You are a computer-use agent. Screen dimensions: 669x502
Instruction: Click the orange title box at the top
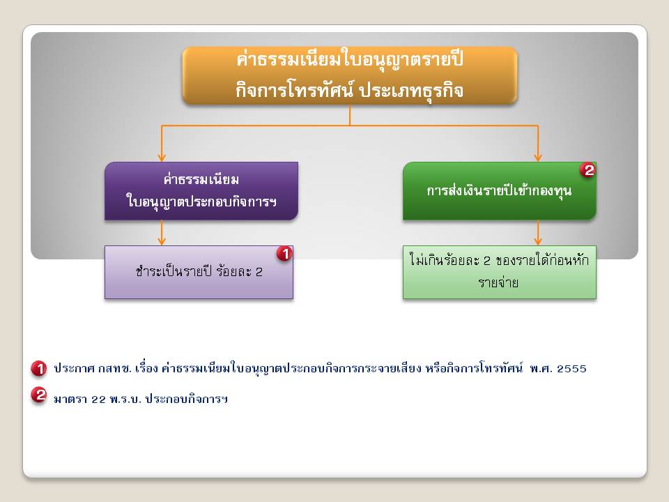tap(350, 75)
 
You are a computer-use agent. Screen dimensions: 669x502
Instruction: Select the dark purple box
tap(201, 191)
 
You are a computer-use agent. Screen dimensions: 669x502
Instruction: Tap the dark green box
tap(499, 191)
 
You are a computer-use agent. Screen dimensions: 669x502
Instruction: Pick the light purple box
tap(199, 273)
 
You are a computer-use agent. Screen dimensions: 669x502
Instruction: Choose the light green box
tap(499, 273)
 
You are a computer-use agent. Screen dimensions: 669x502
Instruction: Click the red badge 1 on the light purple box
tap(284, 254)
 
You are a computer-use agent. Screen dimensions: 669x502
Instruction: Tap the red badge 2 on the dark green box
tap(588, 170)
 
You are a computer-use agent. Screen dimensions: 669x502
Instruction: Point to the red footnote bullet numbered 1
tap(39, 368)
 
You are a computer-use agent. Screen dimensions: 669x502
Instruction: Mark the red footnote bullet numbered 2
tap(39, 395)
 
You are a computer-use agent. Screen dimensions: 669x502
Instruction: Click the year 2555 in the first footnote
tap(571, 369)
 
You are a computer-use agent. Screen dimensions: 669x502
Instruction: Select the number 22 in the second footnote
tap(98, 400)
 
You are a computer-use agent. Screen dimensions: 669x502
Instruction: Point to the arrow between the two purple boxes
tap(161, 233)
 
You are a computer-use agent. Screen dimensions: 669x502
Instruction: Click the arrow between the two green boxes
tap(538, 233)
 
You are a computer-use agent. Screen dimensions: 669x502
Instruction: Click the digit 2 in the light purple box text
tap(259, 273)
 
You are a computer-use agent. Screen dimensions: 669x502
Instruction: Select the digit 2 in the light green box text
tap(487, 261)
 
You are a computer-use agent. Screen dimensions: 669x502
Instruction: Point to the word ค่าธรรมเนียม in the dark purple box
tap(201, 179)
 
